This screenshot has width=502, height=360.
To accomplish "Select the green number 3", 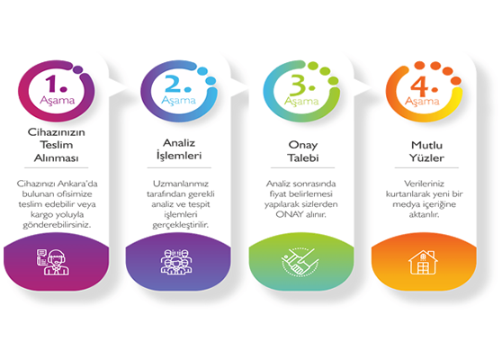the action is (x=299, y=85).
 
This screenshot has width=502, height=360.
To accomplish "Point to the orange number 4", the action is (x=420, y=85).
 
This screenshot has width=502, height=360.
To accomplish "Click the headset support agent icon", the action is (x=53, y=262).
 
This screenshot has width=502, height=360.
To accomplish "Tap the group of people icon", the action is (x=176, y=262).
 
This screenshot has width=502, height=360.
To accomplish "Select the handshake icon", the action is (x=300, y=261).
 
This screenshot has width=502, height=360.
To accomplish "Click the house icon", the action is (x=423, y=262).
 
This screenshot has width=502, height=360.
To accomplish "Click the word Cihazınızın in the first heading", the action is (x=57, y=132).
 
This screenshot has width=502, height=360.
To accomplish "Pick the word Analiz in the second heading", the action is (x=179, y=143).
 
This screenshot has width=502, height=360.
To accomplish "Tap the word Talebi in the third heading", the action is (x=303, y=157).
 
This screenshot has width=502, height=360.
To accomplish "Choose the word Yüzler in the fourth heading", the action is (x=426, y=157).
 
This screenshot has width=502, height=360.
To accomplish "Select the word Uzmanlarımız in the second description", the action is (x=181, y=184).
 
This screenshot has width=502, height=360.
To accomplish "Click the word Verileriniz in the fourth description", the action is (x=424, y=184).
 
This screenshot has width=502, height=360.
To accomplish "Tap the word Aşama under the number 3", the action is (x=301, y=102).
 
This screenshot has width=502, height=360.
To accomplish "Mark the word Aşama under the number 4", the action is (x=422, y=102).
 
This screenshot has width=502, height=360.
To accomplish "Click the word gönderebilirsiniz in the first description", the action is (x=57, y=225).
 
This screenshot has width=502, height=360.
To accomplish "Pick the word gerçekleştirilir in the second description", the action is (x=180, y=225).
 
